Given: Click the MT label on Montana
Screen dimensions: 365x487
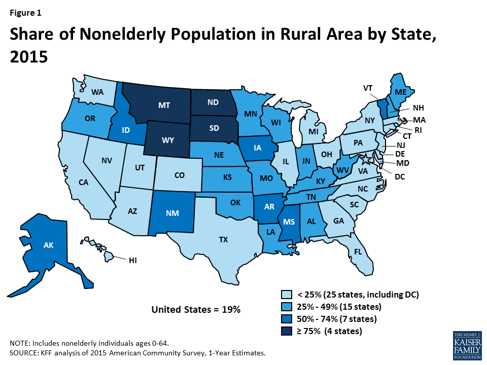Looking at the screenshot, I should pyautogui.click(x=163, y=105).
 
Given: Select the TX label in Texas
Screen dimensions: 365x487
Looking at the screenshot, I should pyautogui.click(x=223, y=240).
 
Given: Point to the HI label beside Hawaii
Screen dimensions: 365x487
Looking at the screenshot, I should pyautogui.click(x=133, y=260).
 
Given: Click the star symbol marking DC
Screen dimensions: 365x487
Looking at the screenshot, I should pyautogui.click(x=369, y=161).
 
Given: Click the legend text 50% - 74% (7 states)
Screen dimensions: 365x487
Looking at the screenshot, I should pyautogui.click(x=336, y=319).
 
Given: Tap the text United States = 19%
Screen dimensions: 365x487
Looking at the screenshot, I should pyautogui.click(x=196, y=309).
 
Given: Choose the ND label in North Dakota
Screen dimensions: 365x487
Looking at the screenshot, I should pyautogui.click(x=213, y=101).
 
